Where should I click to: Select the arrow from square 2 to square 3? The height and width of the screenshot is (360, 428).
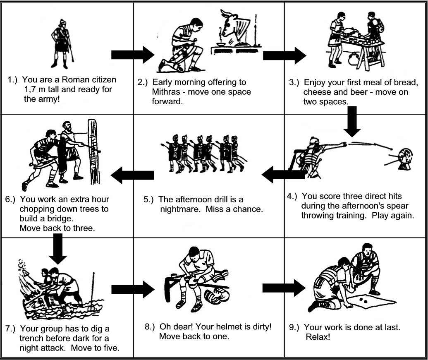click(285, 55)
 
